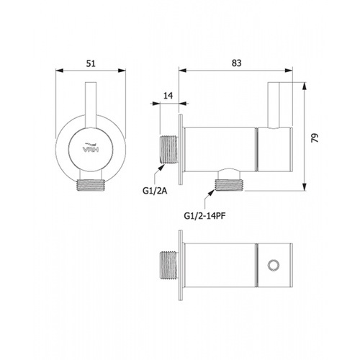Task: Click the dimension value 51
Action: coord(91,63)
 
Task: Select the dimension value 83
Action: coord(236,63)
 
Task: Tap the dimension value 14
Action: coord(168,96)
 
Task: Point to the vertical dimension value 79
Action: coord(315,138)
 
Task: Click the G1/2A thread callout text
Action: coord(155,191)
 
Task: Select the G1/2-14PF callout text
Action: coord(204,216)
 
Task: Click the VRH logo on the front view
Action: coord(91,148)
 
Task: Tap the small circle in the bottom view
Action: coord(274,266)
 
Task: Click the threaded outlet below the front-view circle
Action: coord(91,185)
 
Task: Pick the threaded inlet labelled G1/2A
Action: coord(169,150)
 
